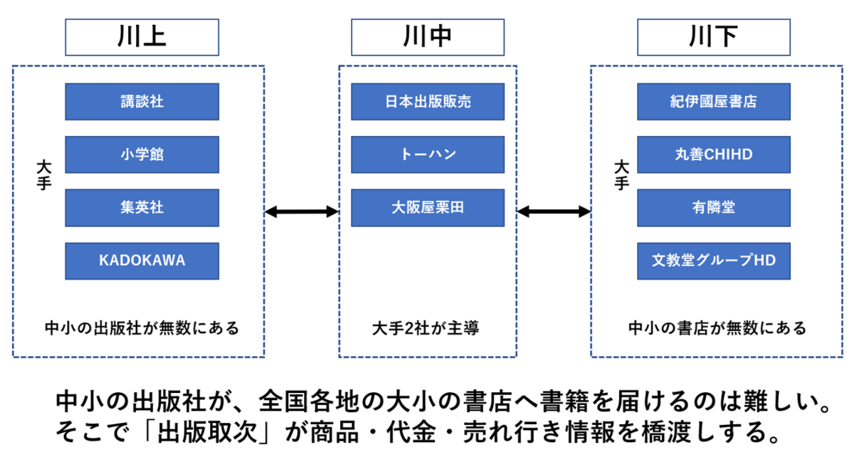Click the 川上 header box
[x=142, y=37]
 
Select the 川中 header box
[x=428, y=37]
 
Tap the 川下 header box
[x=714, y=37]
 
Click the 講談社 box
[x=142, y=102]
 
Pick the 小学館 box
[x=142, y=154]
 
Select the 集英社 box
[x=142, y=208]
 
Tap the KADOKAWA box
[x=142, y=261]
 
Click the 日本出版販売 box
[x=428, y=102]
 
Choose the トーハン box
[x=428, y=154]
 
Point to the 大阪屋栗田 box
[x=428, y=208]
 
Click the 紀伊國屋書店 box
[x=714, y=102]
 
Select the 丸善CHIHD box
[x=714, y=154]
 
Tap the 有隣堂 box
[x=714, y=208]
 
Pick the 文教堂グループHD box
[x=714, y=261]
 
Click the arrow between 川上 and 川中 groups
[x=302, y=211]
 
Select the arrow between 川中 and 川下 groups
[x=554, y=211]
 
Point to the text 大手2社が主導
[x=426, y=328]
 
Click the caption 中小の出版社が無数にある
[x=142, y=328]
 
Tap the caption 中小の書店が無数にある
[x=717, y=328]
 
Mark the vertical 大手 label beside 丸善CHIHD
[x=621, y=175]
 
